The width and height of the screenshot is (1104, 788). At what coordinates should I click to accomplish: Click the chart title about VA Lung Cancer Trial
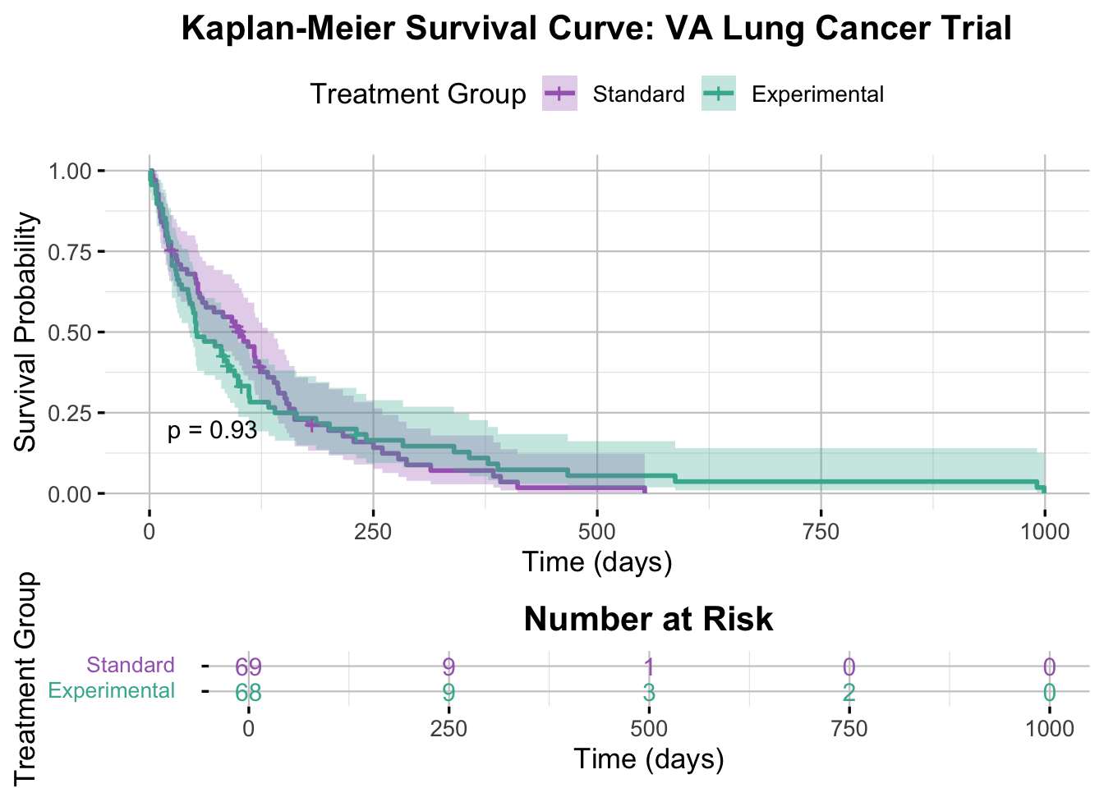(596, 29)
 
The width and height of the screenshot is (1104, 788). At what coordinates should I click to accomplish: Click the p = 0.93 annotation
(212, 430)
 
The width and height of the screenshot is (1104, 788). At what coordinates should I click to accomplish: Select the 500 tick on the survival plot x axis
(597, 532)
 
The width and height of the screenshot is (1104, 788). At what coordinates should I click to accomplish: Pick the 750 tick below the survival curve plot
(821, 532)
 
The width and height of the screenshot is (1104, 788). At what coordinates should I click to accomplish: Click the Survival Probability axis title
(26, 332)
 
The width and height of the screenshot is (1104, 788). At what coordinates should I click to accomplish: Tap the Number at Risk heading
(648, 620)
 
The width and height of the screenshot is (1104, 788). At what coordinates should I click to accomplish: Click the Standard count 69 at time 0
(248, 667)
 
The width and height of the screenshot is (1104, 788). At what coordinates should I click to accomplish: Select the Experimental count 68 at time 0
(248, 693)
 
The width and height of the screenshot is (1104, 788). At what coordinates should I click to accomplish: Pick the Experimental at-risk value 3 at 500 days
(649, 693)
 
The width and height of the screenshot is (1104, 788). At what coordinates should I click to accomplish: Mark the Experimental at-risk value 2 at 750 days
(849, 693)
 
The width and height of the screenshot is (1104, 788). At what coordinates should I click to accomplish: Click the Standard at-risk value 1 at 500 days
(649, 667)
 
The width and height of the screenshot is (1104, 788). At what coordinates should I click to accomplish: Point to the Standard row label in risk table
(131, 665)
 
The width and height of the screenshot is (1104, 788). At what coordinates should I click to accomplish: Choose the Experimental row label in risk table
(112, 690)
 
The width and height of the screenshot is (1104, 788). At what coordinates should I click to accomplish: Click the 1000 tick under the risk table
(1049, 729)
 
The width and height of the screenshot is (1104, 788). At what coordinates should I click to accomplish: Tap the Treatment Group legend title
(418, 94)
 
